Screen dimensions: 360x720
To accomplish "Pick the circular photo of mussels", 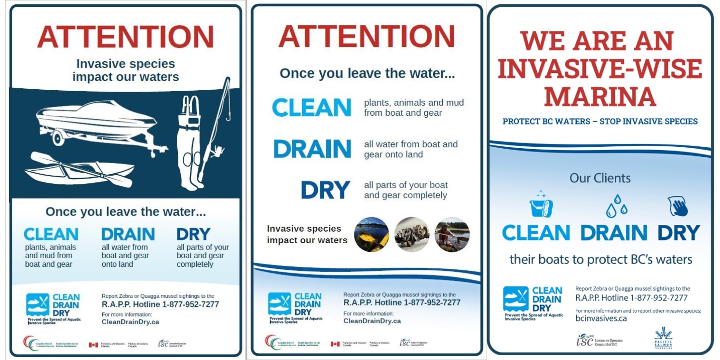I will (412, 235).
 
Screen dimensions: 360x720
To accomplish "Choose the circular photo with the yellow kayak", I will (371, 235).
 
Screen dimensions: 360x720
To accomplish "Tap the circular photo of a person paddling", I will (452, 235).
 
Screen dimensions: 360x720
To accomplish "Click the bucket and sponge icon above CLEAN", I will (541, 205).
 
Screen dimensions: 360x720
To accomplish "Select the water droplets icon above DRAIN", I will (616, 206).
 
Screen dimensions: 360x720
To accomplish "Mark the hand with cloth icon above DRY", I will (678, 206).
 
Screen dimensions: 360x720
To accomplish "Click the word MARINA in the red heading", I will (600, 97).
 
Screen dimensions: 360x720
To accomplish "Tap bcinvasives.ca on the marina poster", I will (601, 318).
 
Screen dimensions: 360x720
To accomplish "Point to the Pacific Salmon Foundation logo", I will (663, 338).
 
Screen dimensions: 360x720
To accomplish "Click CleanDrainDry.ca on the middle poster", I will (372, 321).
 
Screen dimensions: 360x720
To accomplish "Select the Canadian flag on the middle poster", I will (335, 344).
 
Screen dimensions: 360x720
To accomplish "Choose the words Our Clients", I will (600, 178).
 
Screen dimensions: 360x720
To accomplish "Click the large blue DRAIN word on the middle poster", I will (312, 149).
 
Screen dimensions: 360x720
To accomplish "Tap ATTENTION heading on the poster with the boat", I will (125, 37).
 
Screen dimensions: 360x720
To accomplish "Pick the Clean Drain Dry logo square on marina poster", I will (516, 299).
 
